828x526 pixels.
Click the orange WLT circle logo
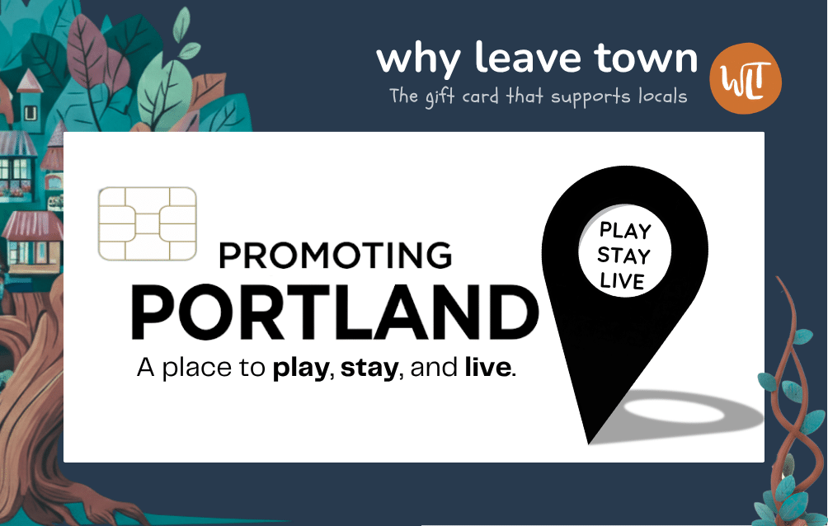tap(745, 78)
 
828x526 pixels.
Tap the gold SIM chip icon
tap(148, 223)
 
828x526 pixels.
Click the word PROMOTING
tap(336, 256)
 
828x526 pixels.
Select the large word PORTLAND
tap(335, 312)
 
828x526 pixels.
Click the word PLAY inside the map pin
tap(625, 231)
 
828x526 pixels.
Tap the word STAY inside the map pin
tap(623, 256)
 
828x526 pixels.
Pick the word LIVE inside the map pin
tap(623, 280)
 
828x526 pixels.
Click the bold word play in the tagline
tap(301, 368)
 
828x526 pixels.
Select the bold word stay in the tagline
tap(369, 368)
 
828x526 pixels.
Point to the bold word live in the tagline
tap(488, 367)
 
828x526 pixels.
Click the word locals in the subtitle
tap(663, 96)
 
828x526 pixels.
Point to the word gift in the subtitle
tap(440, 97)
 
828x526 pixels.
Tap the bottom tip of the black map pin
tap(589, 444)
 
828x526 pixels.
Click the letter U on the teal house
tap(31, 113)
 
